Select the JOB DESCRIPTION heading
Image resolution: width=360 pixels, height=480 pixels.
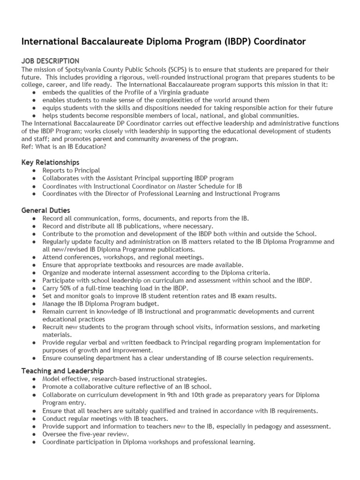pos(51,61)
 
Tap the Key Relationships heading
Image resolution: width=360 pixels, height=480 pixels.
pos(51,162)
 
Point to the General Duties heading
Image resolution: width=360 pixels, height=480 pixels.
pos(46,210)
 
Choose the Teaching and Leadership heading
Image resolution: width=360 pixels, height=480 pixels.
pos(63,371)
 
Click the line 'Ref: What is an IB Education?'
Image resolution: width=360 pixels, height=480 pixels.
pos(64,147)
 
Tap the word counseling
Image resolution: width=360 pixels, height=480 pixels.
pos(79,358)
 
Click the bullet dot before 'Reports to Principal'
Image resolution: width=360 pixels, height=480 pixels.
pos(35,171)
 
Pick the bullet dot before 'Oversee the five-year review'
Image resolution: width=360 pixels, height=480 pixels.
pos(35,434)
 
